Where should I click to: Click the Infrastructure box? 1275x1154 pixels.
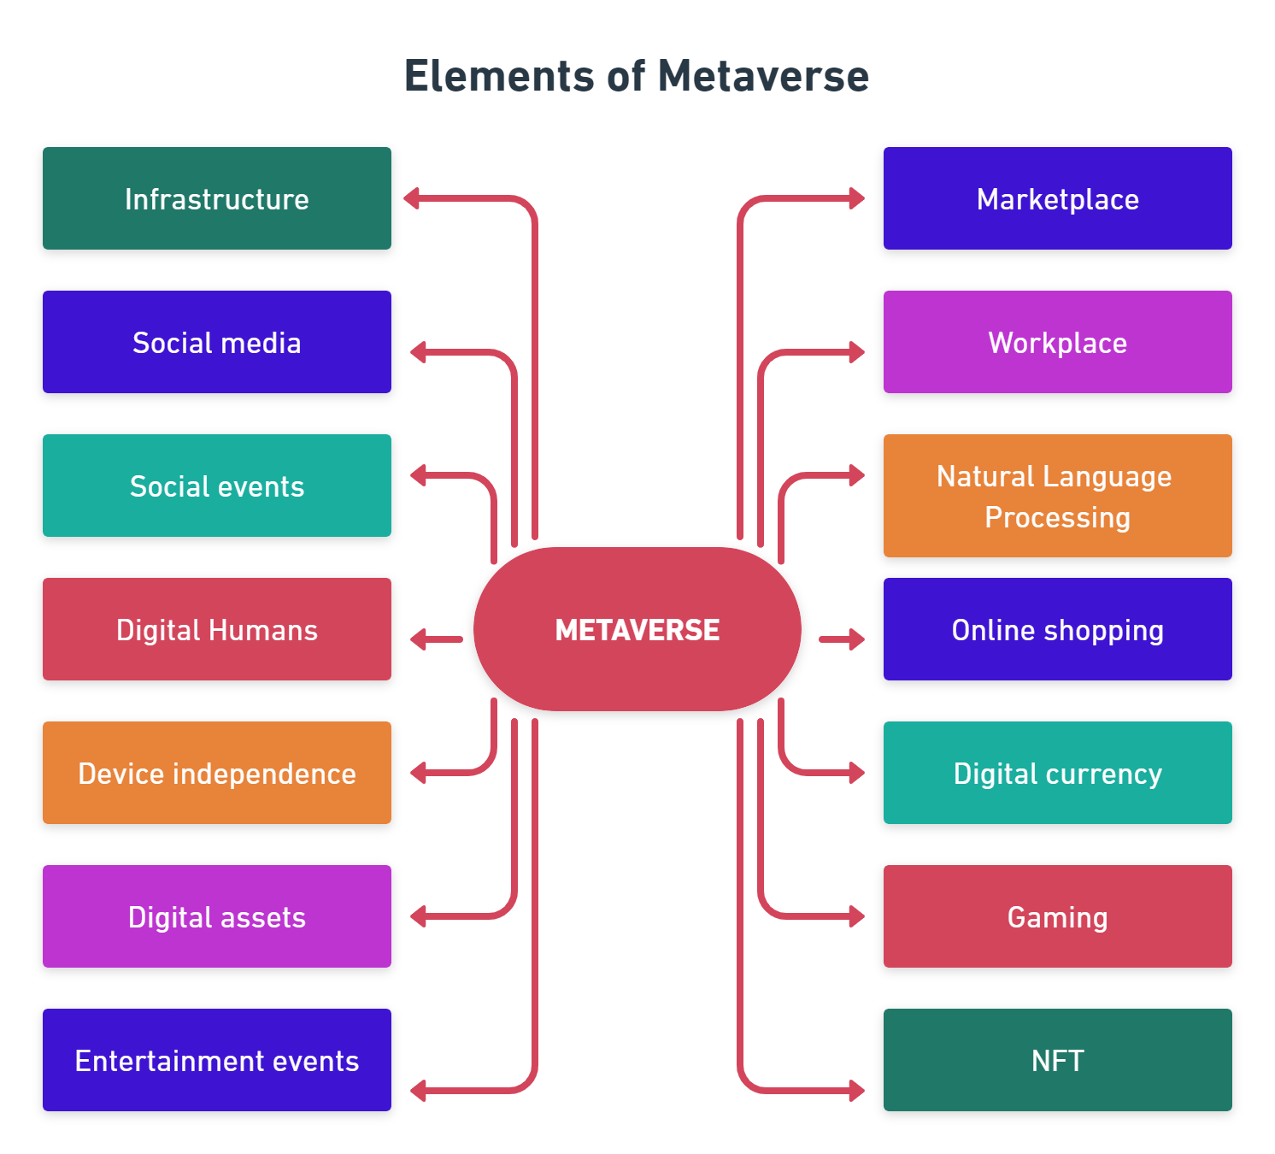[217, 198]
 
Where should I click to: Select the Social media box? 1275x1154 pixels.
[217, 342]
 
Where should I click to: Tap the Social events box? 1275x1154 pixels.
[217, 486]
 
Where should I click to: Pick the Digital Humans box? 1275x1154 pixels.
[217, 629]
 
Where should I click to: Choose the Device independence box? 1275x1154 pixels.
[217, 773]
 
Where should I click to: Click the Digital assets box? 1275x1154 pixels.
[217, 916]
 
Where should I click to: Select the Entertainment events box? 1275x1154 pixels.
[217, 1060]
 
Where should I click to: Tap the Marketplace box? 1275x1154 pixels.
[1057, 198]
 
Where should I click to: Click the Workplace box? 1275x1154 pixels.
[1057, 342]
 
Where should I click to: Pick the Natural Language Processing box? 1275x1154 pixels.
[1057, 496]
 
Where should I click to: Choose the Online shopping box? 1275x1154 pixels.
[1057, 629]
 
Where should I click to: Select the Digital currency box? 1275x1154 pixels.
[1057, 773]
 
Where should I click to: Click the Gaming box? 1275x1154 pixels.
[1057, 916]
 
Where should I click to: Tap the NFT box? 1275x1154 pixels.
[1057, 1060]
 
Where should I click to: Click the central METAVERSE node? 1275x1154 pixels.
[637, 629]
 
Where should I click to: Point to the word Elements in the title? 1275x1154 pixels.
[499, 76]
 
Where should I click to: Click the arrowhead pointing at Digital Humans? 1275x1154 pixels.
[419, 639]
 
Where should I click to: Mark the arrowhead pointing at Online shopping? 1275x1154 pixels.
[856, 639]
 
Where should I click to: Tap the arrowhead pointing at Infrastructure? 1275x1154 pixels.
[412, 199]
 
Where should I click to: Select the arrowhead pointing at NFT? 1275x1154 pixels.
[856, 1091]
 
